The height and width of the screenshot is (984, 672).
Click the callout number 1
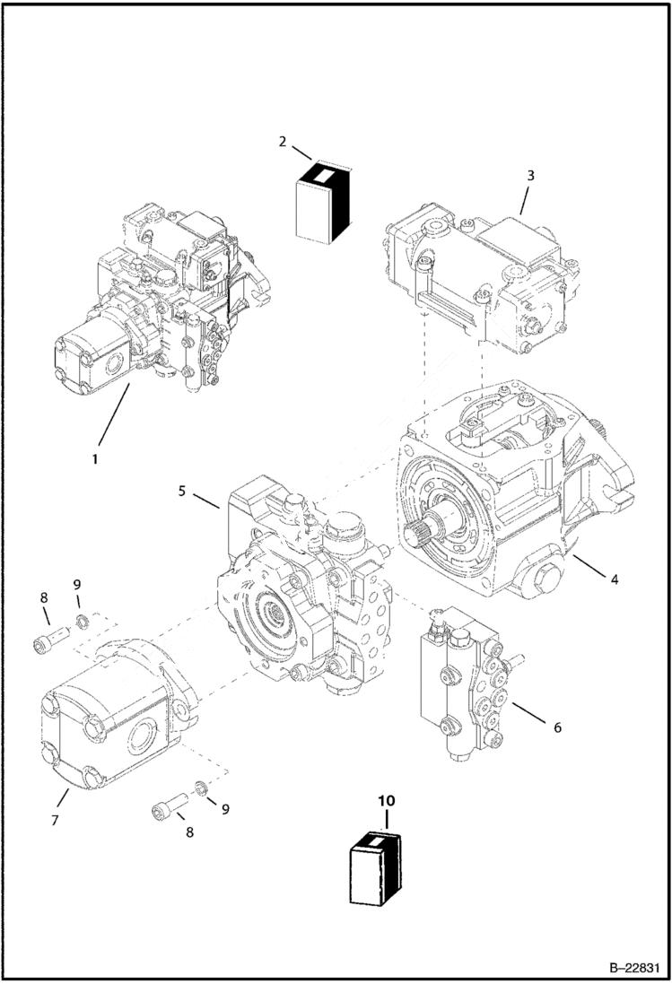[x=93, y=457]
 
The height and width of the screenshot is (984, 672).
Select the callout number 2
[x=283, y=142]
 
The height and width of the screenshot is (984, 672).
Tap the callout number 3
[x=530, y=176]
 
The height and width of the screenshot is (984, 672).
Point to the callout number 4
[x=614, y=579]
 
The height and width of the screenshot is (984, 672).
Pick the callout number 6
[x=557, y=727]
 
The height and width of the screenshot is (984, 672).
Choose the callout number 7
[x=55, y=820]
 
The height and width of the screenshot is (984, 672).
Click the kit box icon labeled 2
[x=320, y=203]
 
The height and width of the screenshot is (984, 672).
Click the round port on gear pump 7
[x=144, y=741]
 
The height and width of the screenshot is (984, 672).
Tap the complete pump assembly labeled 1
[x=161, y=305]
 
